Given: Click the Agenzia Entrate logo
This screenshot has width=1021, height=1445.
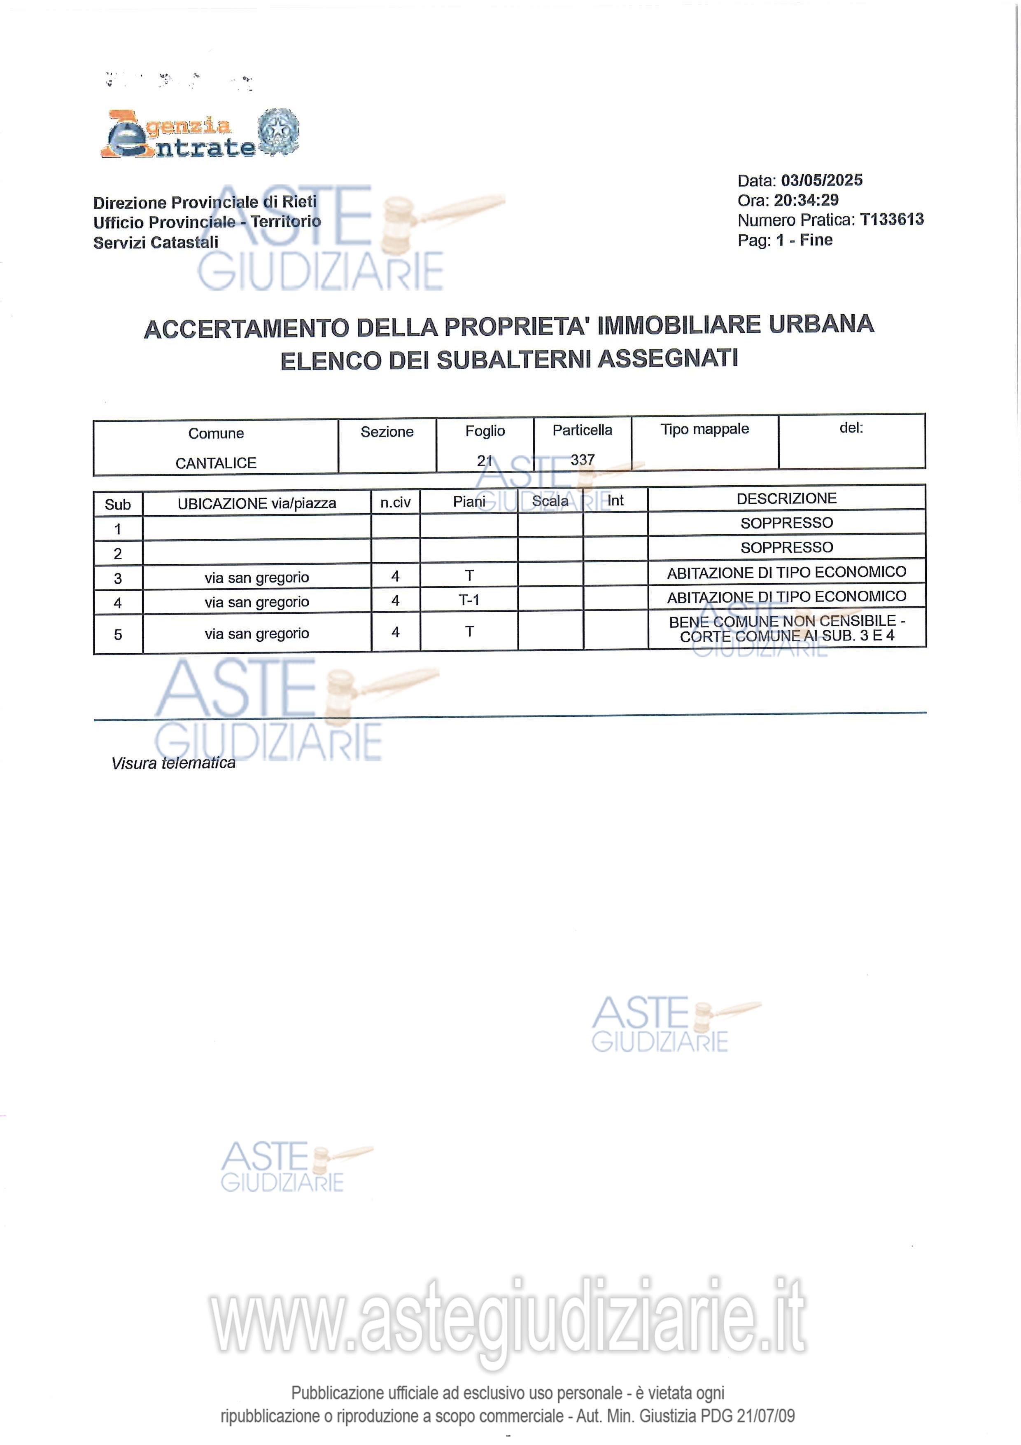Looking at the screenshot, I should pos(199,134).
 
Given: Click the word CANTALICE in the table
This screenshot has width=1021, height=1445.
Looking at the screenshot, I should pos(216,463).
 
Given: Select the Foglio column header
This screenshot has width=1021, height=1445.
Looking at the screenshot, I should pos(485,431).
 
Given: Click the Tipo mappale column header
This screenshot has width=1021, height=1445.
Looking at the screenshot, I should pos(704,429).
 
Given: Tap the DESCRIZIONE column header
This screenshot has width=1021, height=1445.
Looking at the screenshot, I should pos(786,498).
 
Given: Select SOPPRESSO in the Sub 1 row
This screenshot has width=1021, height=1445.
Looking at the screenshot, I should pos(786,523).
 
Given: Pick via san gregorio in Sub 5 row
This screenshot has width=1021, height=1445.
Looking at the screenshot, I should pos(256,634).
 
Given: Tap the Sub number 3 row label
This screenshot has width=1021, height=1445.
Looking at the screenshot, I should pos(118,578).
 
